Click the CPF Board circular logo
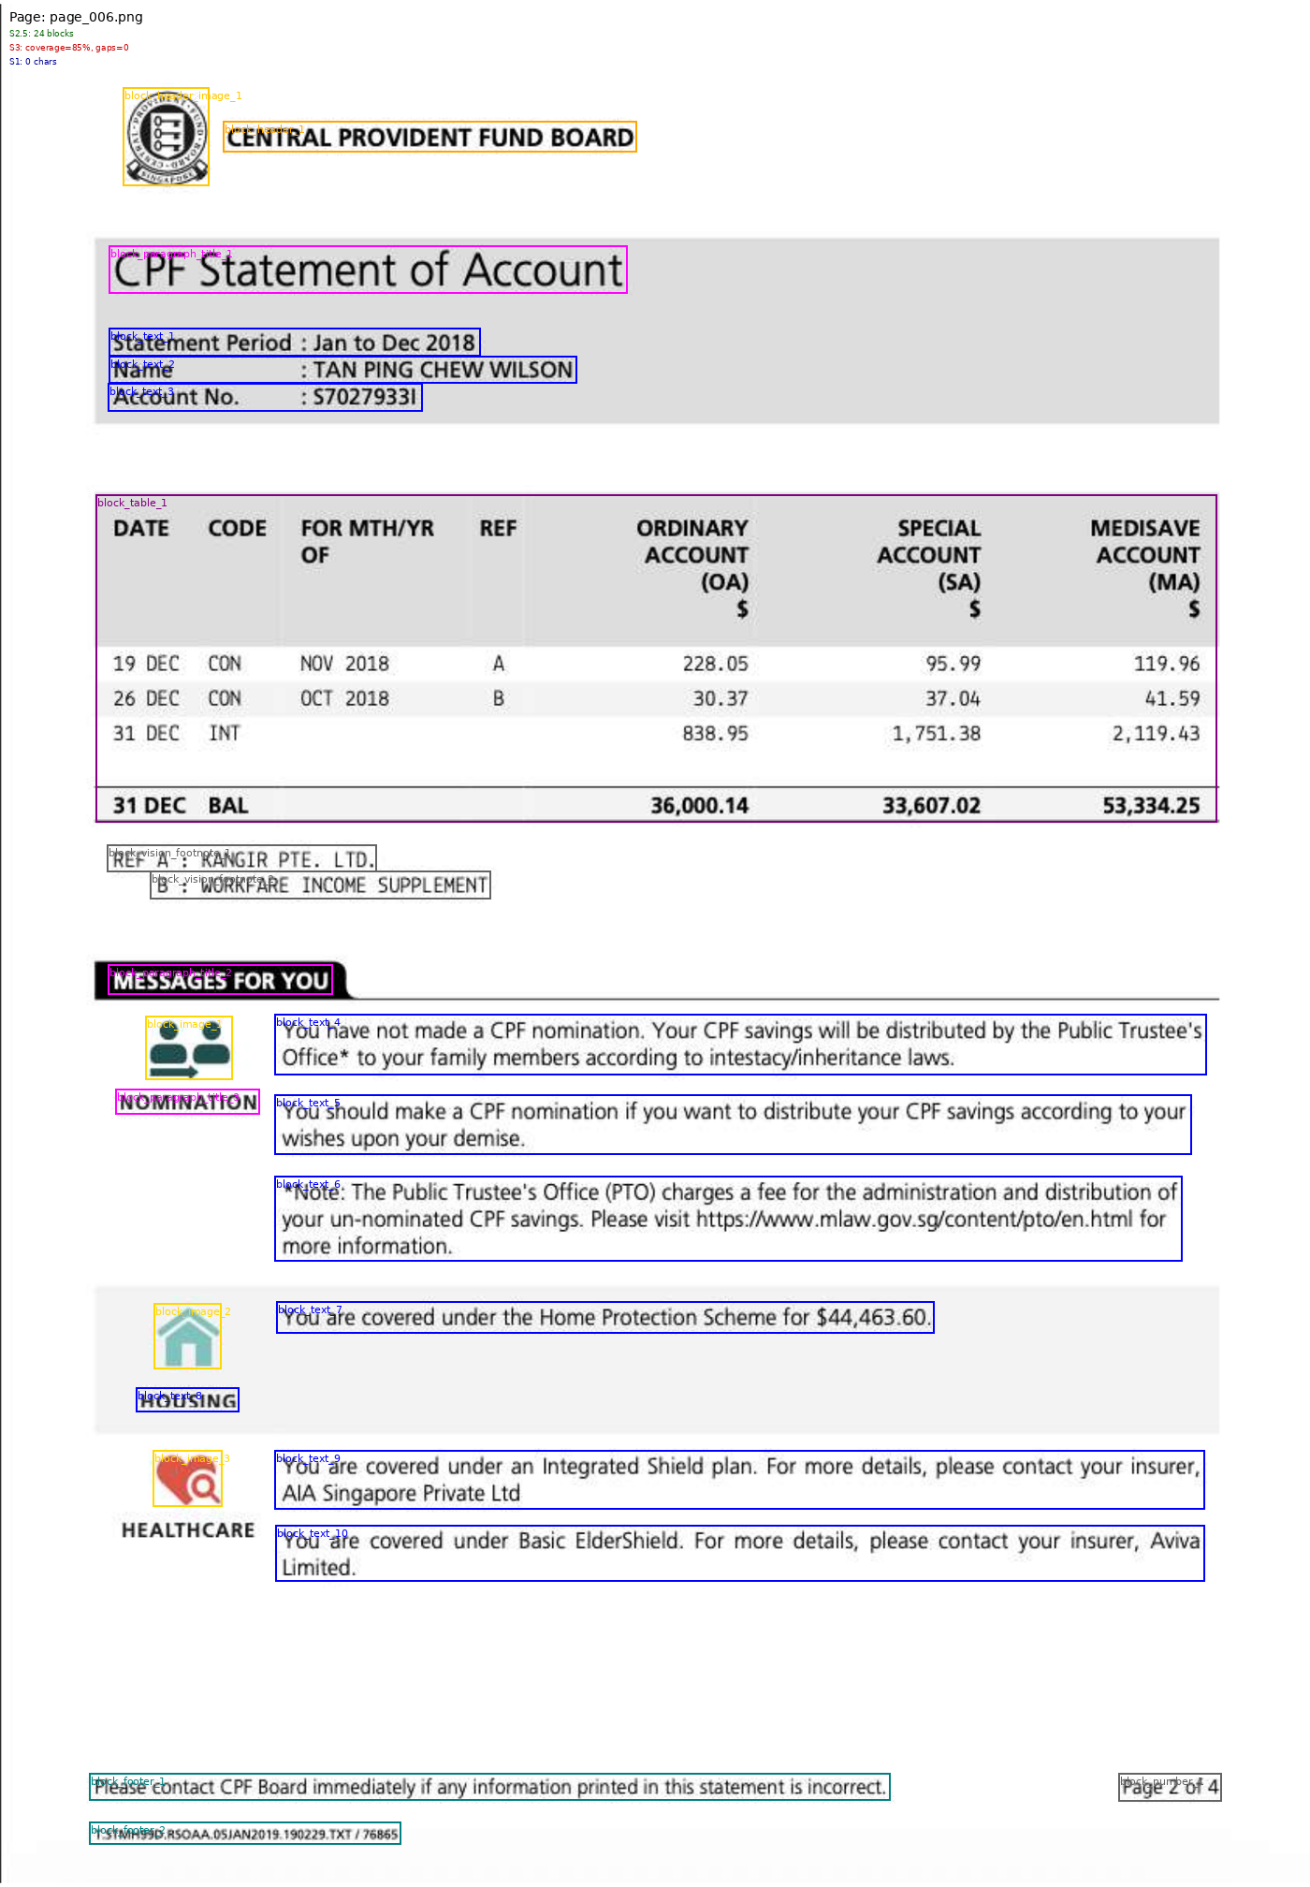(167, 137)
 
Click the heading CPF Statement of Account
(368, 271)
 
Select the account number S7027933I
(364, 398)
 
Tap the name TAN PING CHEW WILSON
(443, 371)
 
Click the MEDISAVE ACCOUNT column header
(1146, 555)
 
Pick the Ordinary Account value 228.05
(715, 665)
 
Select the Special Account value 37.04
(953, 699)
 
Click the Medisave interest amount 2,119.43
(1156, 734)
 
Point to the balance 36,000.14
(699, 806)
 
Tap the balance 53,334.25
(1151, 806)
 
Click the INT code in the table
(224, 734)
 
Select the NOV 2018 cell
(344, 665)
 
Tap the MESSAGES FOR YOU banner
(221, 981)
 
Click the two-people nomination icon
(189, 1048)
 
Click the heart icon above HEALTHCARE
(188, 1479)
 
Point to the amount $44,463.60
(873, 1318)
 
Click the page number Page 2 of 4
(1170, 1787)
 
